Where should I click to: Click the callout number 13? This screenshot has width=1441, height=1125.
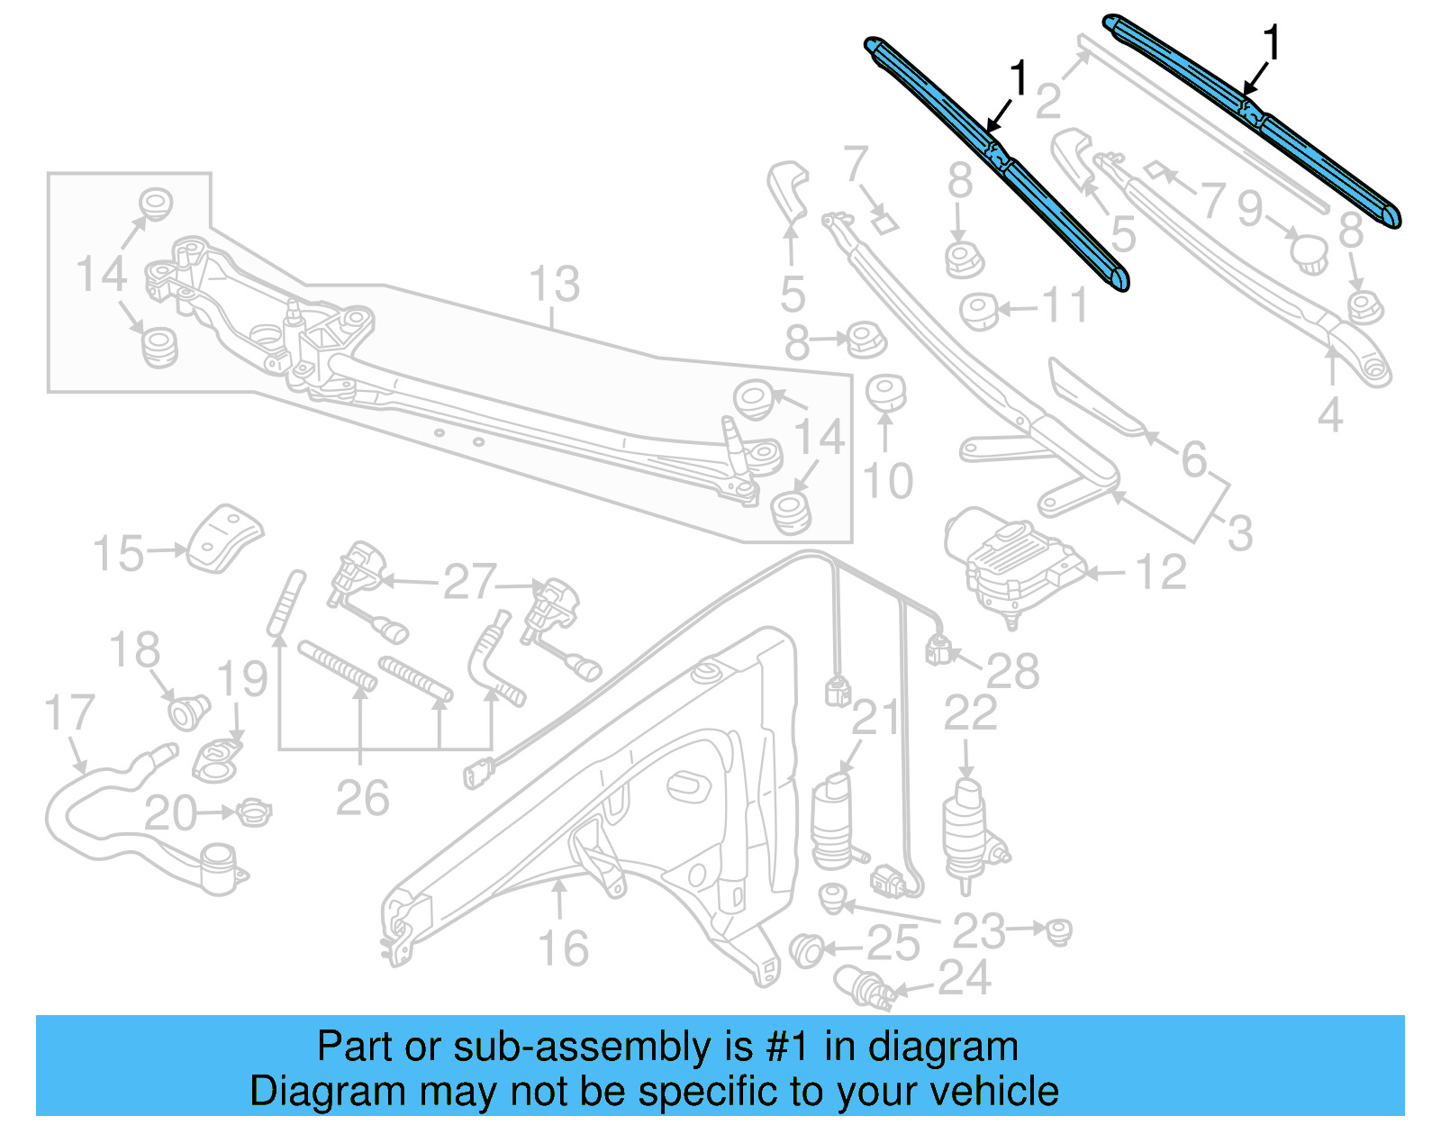pos(554,285)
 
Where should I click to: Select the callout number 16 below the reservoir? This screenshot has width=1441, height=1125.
pos(563,948)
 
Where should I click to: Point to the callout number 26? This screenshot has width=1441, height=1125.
pos(362,798)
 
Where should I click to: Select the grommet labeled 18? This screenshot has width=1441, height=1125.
pos(188,712)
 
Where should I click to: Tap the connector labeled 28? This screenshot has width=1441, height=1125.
pos(939,649)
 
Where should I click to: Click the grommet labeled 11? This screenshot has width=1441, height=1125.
pos(979,311)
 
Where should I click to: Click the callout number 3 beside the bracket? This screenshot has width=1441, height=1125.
pos(1240,533)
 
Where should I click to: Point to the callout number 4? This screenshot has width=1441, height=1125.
pos(1330,415)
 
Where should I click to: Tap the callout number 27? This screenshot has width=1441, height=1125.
pos(469,582)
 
